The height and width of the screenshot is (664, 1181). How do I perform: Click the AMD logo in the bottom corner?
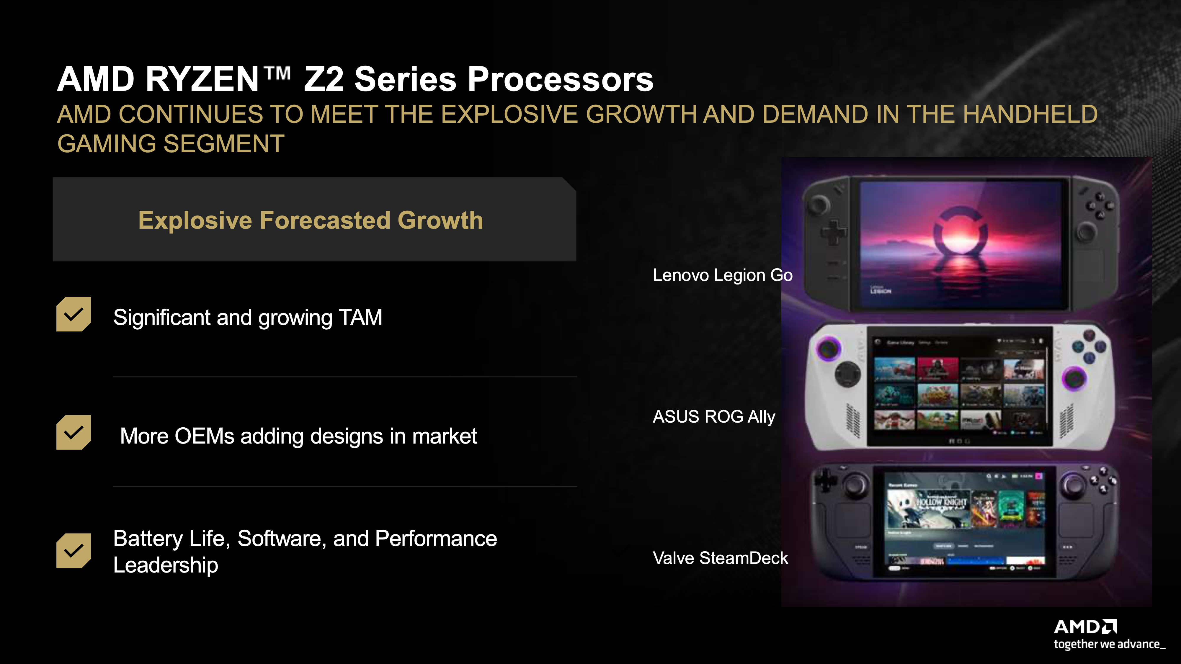pyautogui.click(x=1085, y=627)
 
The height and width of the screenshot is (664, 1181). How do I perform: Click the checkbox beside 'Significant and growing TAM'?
pyautogui.click(x=73, y=314)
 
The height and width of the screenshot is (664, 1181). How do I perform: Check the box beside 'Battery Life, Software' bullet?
pyautogui.click(x=73, y=550)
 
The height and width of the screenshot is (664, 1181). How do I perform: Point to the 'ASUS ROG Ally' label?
pyautogui.click(x=713, y=416)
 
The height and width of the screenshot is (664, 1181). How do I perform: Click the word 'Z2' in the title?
pyautogui.click(x=324, y=79)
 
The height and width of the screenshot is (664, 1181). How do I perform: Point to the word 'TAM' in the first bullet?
pyautogui.click(x=360, y=318)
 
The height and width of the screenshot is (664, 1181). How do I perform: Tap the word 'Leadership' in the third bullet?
pyautogui.click(x=166, y=565)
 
